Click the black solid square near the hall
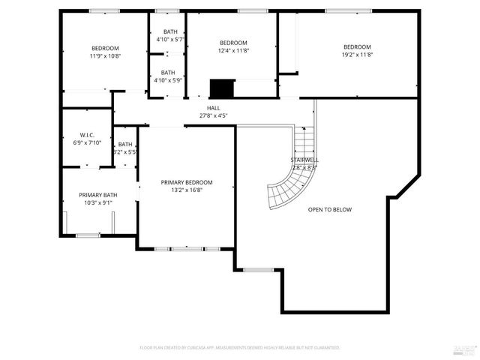(x=221, y=88)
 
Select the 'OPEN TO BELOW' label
(x=329, y=209)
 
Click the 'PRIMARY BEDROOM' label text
(x=187, y=182)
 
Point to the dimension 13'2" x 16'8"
(x=187, y=190)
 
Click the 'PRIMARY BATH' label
(x=98, y=195)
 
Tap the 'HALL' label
(x=214, y=108)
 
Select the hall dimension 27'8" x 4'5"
(x=214, y=115)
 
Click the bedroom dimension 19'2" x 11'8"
(x=357, y=54)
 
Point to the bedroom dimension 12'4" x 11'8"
(x=233, y=51)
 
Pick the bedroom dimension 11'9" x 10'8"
(x=105, y=55)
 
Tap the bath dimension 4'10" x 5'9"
(x=169, y=80)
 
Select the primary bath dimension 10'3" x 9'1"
(x=98, y=202)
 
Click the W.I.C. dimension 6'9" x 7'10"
(x=86, y=142)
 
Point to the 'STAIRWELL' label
(x=304, y=160)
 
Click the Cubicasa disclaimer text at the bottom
(x=240, y=348)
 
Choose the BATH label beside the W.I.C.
(x=124, y=144)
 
